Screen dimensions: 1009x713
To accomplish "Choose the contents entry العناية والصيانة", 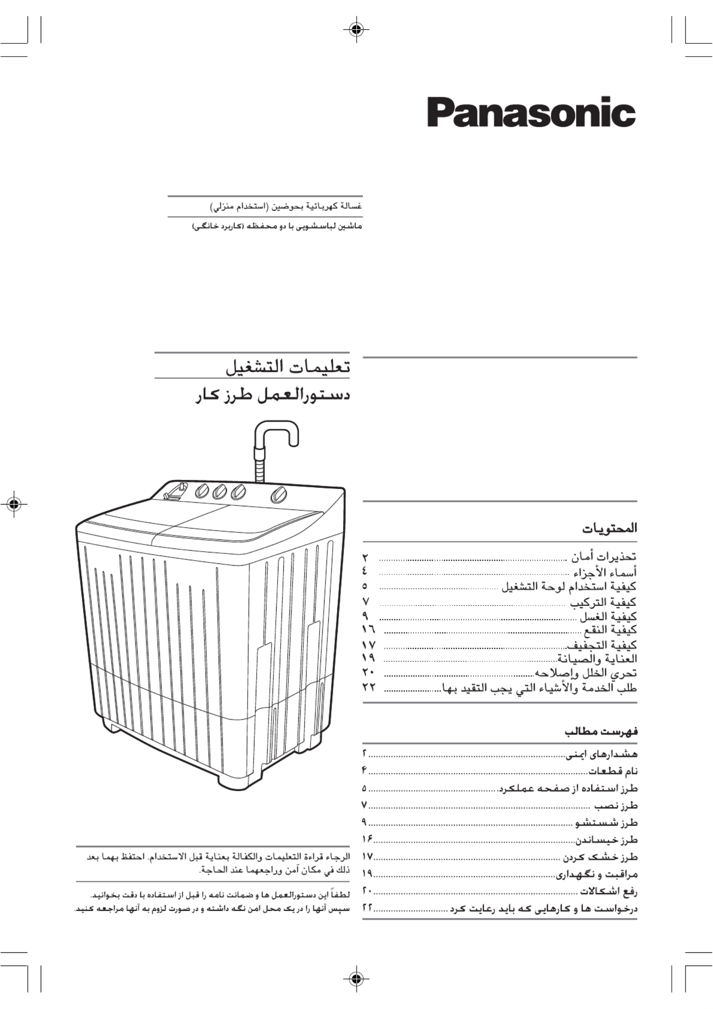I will pos(597,658).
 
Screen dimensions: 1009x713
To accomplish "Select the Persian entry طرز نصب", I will pos(617,806).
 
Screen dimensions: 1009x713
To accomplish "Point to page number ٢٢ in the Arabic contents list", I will pos(369,687).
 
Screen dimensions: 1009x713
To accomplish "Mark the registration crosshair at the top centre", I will pos(356,30).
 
